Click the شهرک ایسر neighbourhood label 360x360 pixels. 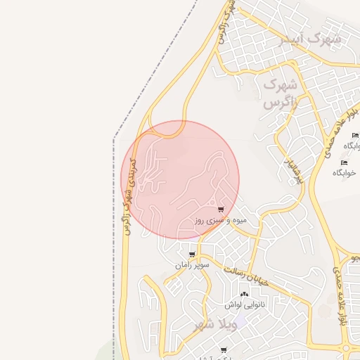311,39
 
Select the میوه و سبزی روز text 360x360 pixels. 219,221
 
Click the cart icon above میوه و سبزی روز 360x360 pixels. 221,210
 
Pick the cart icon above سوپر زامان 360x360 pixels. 192,255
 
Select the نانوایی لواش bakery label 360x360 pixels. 245,305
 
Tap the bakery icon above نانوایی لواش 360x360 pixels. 244,295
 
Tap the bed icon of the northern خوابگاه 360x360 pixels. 355,136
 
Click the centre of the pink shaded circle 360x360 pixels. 180,179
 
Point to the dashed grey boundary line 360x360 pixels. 114,211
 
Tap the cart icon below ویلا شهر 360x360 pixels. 224,349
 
